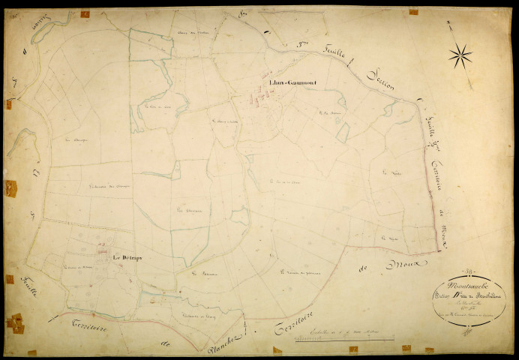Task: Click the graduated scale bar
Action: click(x=331, y=340)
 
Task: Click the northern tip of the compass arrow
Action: click(x=448, y=23)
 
